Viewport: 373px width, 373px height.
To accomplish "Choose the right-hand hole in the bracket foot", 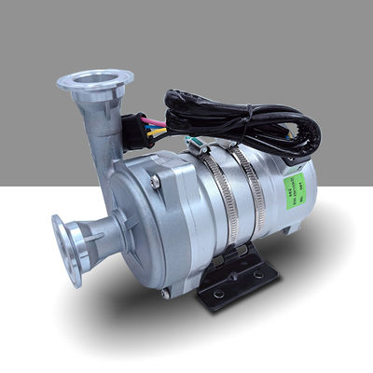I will coord(258,274).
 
